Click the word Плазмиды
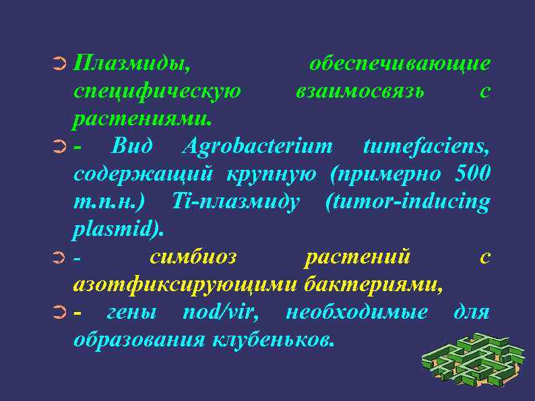[131, 64]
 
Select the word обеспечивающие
[400, 64]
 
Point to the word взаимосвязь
[360, 91]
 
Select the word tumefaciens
[426, 146]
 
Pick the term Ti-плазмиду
[236, 202]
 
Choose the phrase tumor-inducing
[407, 202]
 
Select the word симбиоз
[193, 257]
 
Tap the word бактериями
[373, 285]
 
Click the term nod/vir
[226, 313]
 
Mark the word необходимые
[356, 313]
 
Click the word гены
[132, 313]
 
